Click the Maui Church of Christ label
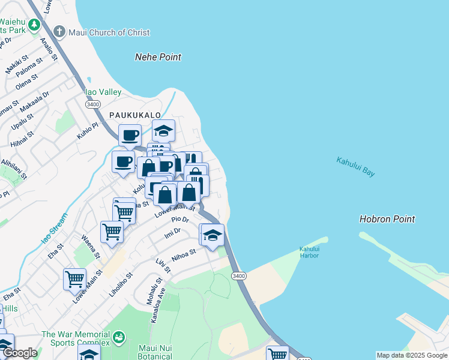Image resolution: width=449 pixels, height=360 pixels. pyautogui.click(x=109, y=32)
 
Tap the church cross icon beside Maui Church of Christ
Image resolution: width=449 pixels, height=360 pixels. pyautogui.click(x=59, y=31)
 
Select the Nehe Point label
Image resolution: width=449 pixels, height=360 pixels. pyautogui.click(x=158, y=57)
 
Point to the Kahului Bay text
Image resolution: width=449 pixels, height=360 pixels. pyautogui.click(x=355, y=166)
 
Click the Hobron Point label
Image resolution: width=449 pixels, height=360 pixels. pyautogui.click(x=387, y=219)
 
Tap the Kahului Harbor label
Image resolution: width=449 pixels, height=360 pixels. pyautogui.click(x=309, y=252)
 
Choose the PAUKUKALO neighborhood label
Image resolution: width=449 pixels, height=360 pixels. pyautogui.click(x=135, y=115)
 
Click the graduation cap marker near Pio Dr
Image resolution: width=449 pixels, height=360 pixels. pyautogui.click(x=212, y=235)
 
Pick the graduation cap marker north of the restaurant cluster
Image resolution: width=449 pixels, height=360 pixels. pyautogui.click(x=163, y=130)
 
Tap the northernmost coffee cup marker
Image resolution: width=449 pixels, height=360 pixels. pyautogui.click(x=130, y=135)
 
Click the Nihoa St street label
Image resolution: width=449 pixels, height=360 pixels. pyautogui.click(x=184, y=256)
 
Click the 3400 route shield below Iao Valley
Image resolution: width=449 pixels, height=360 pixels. pyautogui.click(x=92, y=104)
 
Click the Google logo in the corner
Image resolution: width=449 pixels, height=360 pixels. pyautogui.click(x=20, y=353)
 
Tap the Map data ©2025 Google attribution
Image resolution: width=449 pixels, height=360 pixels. pyautogui.click(x=411, y=355)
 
